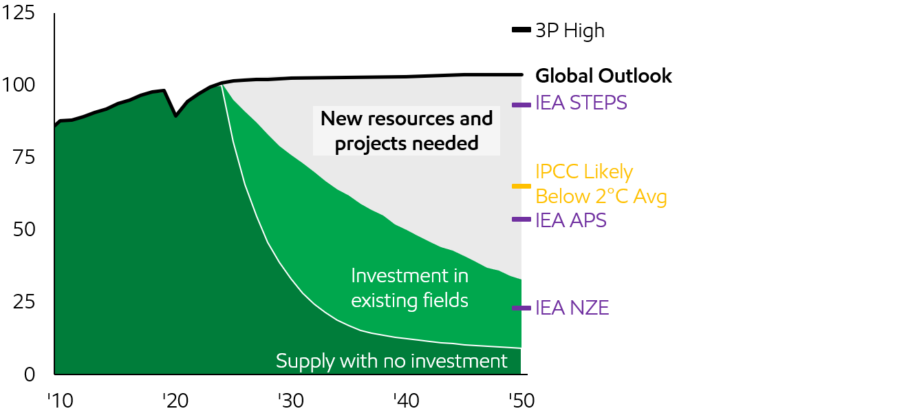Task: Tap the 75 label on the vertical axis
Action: tap(25, 158)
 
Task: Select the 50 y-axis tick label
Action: tap(25, 229)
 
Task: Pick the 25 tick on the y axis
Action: tap(25, 302)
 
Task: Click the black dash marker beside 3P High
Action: tap(521, 30)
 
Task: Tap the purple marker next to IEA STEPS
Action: tap(521, 105)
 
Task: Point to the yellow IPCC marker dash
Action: tap(521, 186)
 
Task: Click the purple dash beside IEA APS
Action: tap(521, 220)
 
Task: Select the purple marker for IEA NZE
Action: tap(521, 308)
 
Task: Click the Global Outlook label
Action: tap(603, 76)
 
